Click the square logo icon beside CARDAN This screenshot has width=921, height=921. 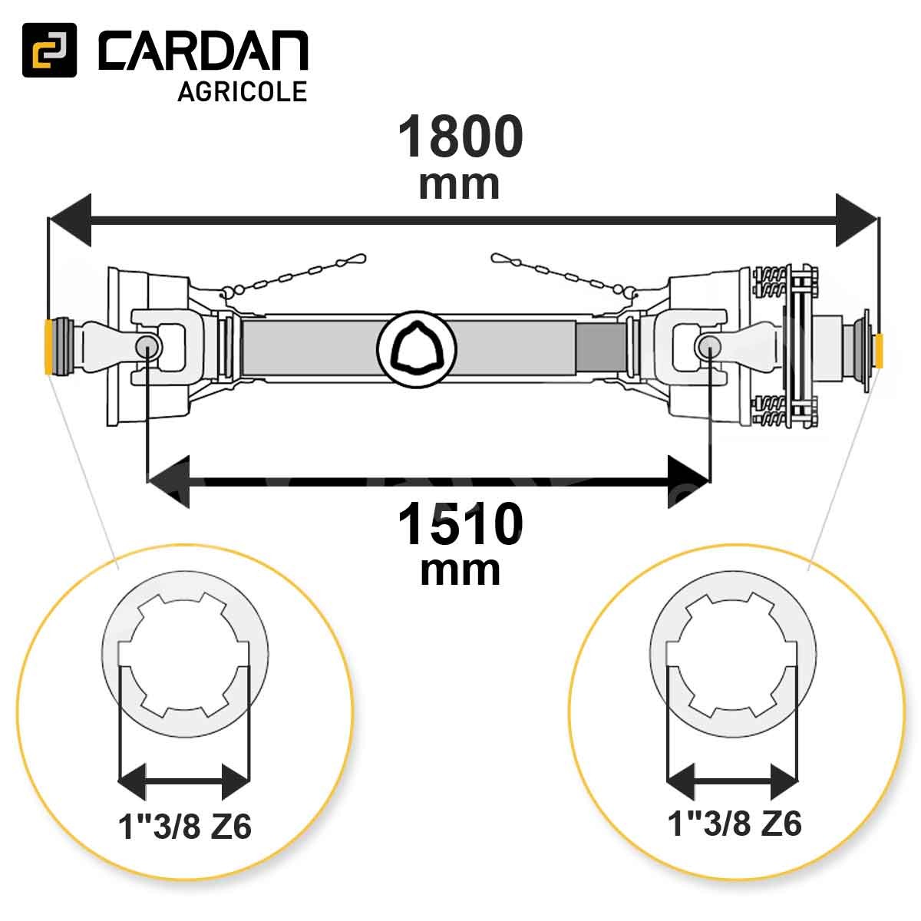tap(49, 50)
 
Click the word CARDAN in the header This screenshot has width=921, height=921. tap(203, 51)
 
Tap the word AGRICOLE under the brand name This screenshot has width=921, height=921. tap(243, 91)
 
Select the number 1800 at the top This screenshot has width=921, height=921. tap(460, 137)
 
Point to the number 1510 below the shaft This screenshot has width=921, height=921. tap(460, 525)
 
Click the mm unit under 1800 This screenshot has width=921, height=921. tap(459, 185)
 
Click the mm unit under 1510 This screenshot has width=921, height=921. tap(460, 571)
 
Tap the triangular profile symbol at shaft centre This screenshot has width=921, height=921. tap(417, 349)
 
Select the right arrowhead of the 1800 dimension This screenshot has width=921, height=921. tap(856, 220)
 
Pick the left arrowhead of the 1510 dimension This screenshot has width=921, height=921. tap(169, 481)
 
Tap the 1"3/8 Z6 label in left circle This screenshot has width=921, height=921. tap(185, 827)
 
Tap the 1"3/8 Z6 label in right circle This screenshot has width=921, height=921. tap(734, 824)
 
